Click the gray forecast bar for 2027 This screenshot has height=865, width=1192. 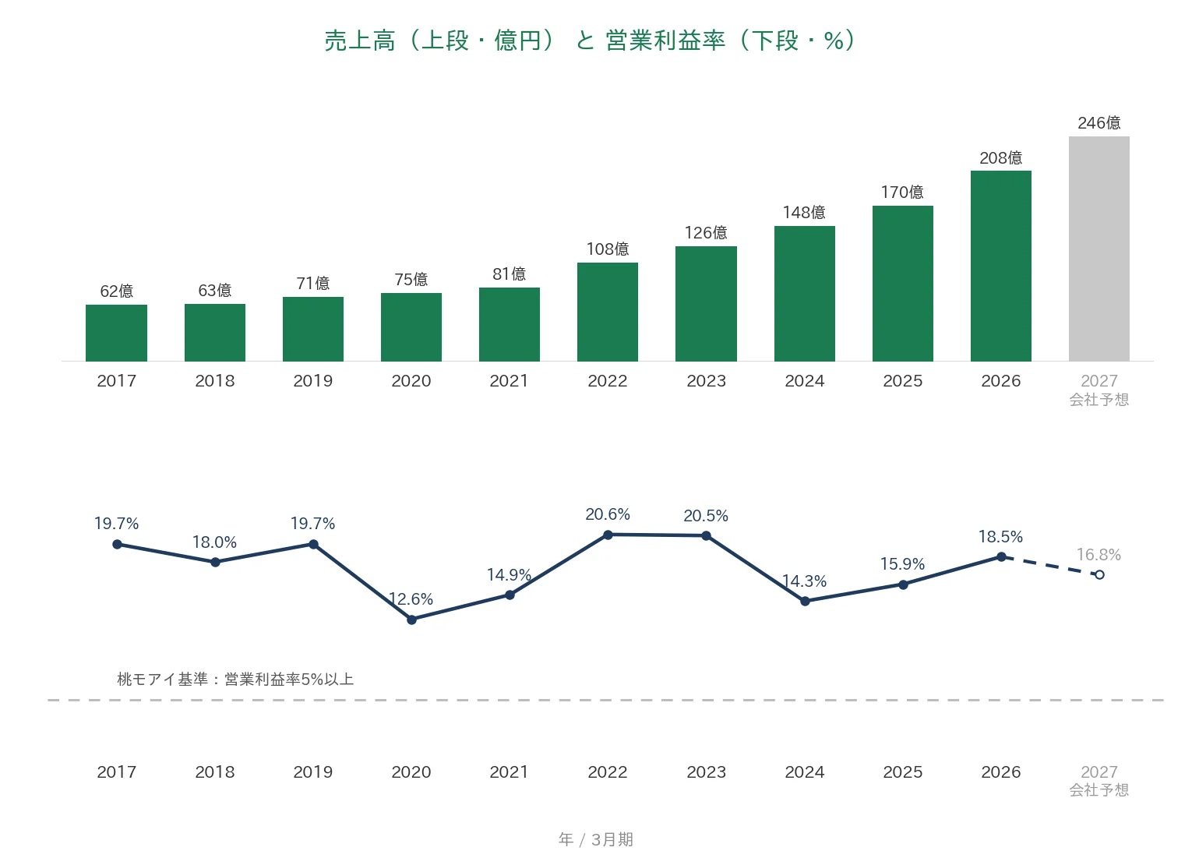[x=1099, y=249]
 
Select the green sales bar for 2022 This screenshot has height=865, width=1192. [x=607, y=312]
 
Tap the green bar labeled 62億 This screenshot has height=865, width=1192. [x=116, y=333]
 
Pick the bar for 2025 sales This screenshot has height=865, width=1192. [x=902, y=283]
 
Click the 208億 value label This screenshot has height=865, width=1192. [x=1001, y=157]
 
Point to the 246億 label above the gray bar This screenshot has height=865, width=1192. [x=1099, y=123]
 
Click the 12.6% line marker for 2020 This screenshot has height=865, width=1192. [x=411, y=620]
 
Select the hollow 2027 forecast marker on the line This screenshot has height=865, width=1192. [x=1099, y=575]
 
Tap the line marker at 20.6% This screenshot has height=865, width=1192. [x=608, y=535]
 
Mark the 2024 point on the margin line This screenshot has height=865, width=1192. [x=805, y=601]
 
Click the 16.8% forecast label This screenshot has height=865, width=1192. [x=1099, y=555]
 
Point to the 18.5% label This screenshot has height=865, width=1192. [x=1000, y=537]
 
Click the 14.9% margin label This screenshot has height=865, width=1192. [x=510, y=575]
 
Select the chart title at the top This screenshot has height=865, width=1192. [x=590, y=41]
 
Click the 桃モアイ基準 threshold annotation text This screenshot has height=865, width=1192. [x=235, y=680]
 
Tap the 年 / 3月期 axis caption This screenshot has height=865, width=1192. [x=596, y=839]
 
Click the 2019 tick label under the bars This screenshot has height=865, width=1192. [x=313, y=381]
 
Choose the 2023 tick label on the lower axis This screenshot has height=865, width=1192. [x=706, y=771]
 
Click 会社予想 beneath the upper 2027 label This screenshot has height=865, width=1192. [x=1099, y=400]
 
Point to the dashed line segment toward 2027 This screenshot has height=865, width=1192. [x=1050, y=566]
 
